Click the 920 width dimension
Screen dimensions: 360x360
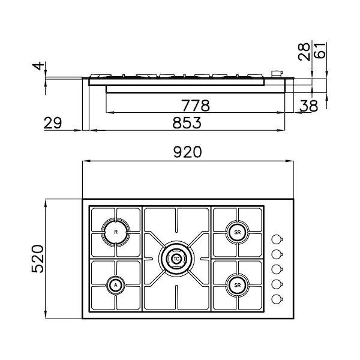coord(188,152)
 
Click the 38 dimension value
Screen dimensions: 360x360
coord(310,106)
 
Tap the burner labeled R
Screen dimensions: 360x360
coord(116,231)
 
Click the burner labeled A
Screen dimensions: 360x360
coord(115,285)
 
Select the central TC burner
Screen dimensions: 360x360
coord(176,258)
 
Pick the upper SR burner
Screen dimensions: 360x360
coord(238,231)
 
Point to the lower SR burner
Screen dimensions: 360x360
coord(238,284)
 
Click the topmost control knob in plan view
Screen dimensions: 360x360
coord(277,237)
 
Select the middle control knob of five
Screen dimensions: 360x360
coord(277,268)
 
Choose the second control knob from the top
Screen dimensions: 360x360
coord(277,253)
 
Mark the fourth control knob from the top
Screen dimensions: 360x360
coord(277,284)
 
